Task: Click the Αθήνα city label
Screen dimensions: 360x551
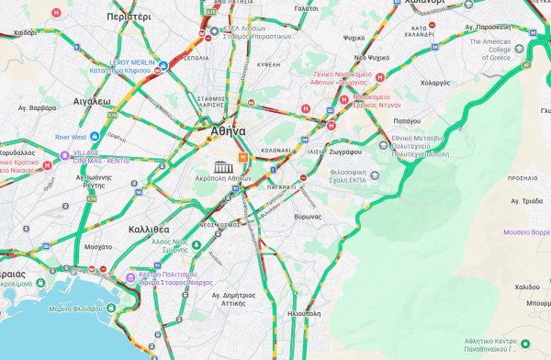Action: [x=228, y=131]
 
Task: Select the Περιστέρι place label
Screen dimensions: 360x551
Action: [x=129, y=17]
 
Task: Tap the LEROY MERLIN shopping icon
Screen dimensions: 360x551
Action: [x=163, y=65]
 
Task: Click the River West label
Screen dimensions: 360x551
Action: [x=71, y=137]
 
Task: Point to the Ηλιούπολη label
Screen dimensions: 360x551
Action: [x=303, y=313]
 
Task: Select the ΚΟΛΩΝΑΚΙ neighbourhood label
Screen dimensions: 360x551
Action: [x=276, y=150]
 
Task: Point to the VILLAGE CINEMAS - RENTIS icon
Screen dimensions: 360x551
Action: [x=64, y=154]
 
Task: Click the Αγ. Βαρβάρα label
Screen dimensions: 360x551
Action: [x=37, y=107]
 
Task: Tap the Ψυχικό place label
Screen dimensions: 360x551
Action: [x=354, y=39]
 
